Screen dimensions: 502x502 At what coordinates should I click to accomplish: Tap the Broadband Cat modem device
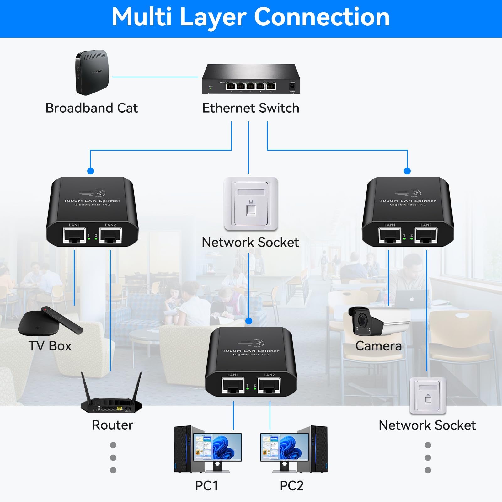point(92,72)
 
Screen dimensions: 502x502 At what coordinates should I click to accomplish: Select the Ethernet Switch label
point(251,108)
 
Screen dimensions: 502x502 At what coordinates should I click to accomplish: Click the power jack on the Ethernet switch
point(292,86)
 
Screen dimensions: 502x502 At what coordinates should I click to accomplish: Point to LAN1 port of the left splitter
point(74,235)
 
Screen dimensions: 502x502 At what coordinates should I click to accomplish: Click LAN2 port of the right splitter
point(426,235)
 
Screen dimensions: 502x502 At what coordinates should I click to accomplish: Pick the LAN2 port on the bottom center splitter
point(269,385)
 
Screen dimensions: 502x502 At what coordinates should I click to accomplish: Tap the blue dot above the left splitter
point(91,171)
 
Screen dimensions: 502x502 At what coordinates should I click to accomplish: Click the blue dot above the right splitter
point(407,171)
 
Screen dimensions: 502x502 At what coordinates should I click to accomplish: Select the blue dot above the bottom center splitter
point(249,321)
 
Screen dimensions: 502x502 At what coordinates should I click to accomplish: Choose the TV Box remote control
point(62,320)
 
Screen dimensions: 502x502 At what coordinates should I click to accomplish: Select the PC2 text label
point(291,486)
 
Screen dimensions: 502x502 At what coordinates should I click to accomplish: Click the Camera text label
point(378,346)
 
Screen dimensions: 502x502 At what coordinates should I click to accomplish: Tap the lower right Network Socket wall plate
point(428,396)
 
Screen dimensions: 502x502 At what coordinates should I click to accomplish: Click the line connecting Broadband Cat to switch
point(155,77)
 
